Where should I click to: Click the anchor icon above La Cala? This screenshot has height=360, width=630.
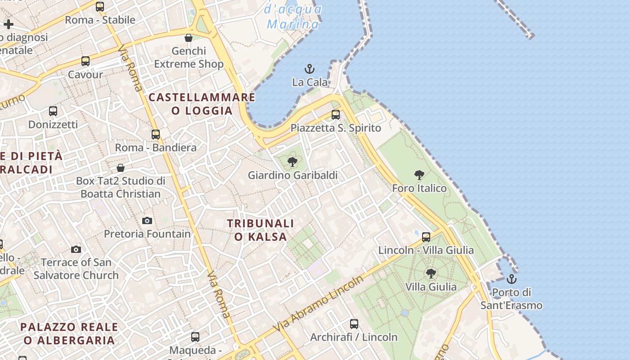coord(310,69)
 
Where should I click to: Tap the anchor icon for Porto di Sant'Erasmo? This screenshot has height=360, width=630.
coord(511,279)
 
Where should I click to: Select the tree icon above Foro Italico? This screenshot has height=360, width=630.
coord(419,175)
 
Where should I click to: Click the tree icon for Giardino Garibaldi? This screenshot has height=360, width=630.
coord(292,162)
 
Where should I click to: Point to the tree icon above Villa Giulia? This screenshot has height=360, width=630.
coord(431,273)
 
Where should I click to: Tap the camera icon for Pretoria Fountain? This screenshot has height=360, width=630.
coord(147,220)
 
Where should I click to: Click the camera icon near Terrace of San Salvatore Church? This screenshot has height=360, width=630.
coord(76,249)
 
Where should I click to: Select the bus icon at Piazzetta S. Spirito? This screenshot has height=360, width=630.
coord(336,114)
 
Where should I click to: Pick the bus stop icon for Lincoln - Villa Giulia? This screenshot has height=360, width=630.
coord(426,237)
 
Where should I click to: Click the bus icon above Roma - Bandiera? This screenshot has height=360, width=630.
coord(156,134)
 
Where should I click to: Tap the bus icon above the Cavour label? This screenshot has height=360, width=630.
coord(85,61)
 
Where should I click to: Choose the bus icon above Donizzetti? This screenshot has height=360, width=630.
coord(53,111)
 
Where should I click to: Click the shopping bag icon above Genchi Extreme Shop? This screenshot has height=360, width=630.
coord(189,38)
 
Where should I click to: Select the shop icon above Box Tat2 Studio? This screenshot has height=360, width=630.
coord(121,168)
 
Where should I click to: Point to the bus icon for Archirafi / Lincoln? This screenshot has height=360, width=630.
coord(354,324)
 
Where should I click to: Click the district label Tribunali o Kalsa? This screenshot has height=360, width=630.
coord(261,230)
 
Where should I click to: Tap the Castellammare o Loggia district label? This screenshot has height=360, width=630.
coord(202,104)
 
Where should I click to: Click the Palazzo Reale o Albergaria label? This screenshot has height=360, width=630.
coord(69,333)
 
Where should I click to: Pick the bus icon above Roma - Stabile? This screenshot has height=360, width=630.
coord(100,7)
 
